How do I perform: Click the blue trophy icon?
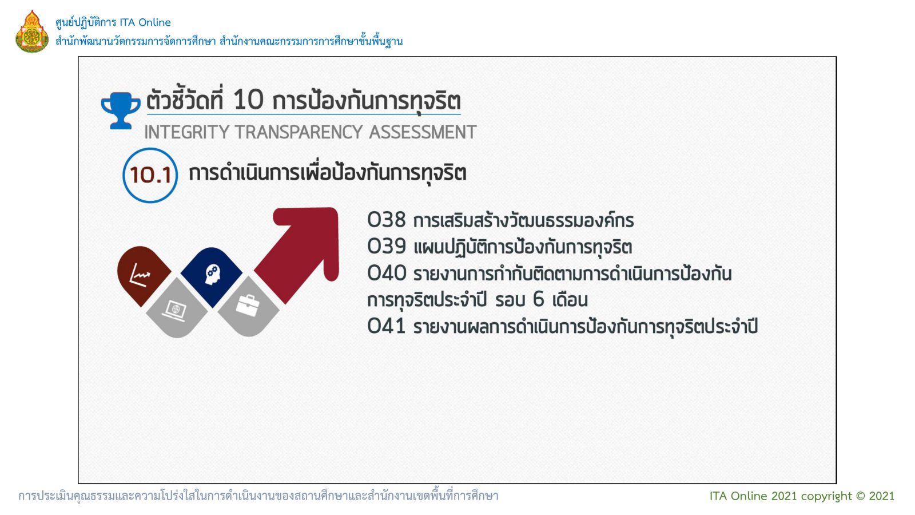pos(121,111)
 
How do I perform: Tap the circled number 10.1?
pos(150,175)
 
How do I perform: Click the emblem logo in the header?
pos(32,31)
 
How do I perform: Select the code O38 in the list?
pos(387,220)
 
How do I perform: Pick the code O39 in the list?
pos(387,246)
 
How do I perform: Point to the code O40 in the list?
pos(387,273)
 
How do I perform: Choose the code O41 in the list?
pos(387,326)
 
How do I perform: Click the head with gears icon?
pos(212,274)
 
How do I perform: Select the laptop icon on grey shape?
pos(175,311)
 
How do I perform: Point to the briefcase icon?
pos(248,306)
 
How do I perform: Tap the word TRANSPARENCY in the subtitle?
pos(299,132)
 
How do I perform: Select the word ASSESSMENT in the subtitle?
pos(423,132)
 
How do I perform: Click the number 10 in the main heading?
pos(248,100)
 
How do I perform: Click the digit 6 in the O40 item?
pos(539,300)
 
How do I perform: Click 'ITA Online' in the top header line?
pos(145,22)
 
